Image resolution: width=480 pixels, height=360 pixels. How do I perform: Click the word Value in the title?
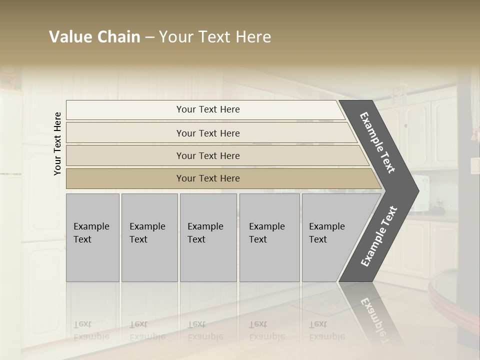point(69,37)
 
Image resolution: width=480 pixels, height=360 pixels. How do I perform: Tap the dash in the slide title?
point(150,37)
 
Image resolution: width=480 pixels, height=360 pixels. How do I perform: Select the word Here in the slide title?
point(252,37)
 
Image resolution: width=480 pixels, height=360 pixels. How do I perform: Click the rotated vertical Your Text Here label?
point(57,143)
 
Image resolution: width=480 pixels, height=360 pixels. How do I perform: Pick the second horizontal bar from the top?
point(210,133)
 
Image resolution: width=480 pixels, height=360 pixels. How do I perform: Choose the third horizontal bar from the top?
point(215,155)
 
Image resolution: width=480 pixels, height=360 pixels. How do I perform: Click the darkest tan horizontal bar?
point(220,178)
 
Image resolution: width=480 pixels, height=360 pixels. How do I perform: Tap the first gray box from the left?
point(92,237)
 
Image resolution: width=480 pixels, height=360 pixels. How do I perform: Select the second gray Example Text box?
point(149,237)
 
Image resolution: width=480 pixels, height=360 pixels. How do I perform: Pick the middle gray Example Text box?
point(208,237)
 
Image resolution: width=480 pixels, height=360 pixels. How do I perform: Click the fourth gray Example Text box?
point(269,237)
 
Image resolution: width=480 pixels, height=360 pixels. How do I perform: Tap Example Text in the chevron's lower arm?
point(379,236)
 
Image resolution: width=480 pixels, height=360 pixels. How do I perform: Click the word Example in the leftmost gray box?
point(91,226)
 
